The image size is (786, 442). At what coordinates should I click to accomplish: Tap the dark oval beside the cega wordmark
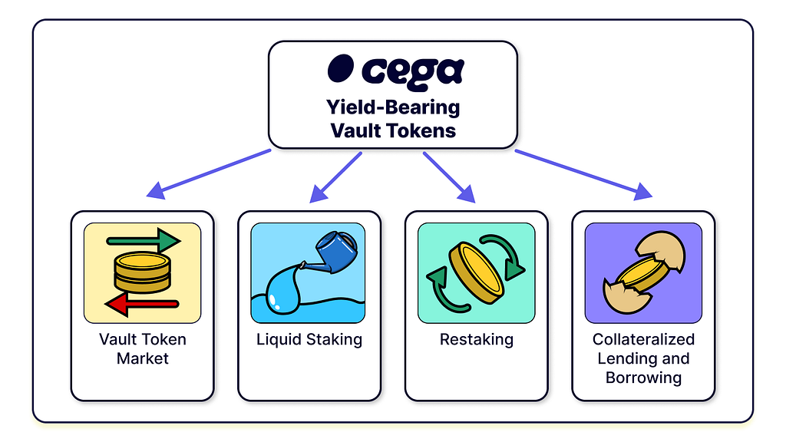click(x=341, y=68)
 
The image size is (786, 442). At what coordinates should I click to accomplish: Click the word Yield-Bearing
click(x=393, y=107)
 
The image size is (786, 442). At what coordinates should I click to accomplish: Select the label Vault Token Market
click(x=143, y=349)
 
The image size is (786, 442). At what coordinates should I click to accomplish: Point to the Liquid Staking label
click(x=309, y=340)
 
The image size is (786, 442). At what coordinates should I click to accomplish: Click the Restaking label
click(x=477, y=340)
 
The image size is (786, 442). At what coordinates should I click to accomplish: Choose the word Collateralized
click(x=644, y=339)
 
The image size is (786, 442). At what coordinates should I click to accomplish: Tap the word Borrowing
click(x=644, y=378)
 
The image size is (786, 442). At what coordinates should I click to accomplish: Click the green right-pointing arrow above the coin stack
click(x=144, y=240)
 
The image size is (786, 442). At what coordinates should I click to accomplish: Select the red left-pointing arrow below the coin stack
click(x=142, y=304)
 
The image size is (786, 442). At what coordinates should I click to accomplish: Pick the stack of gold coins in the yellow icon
click(x=143, y=272)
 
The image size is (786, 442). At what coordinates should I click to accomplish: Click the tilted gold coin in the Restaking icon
click(x=476, y=272)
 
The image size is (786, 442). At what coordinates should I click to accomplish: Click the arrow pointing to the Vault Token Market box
click(x=209, y=173)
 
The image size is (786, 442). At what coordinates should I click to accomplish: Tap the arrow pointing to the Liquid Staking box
click(x=336, y=177)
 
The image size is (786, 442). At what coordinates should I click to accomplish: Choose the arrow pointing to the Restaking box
click(x=449, y=177)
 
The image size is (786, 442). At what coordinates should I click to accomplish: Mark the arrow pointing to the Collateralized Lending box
click(x=583, y=174)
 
